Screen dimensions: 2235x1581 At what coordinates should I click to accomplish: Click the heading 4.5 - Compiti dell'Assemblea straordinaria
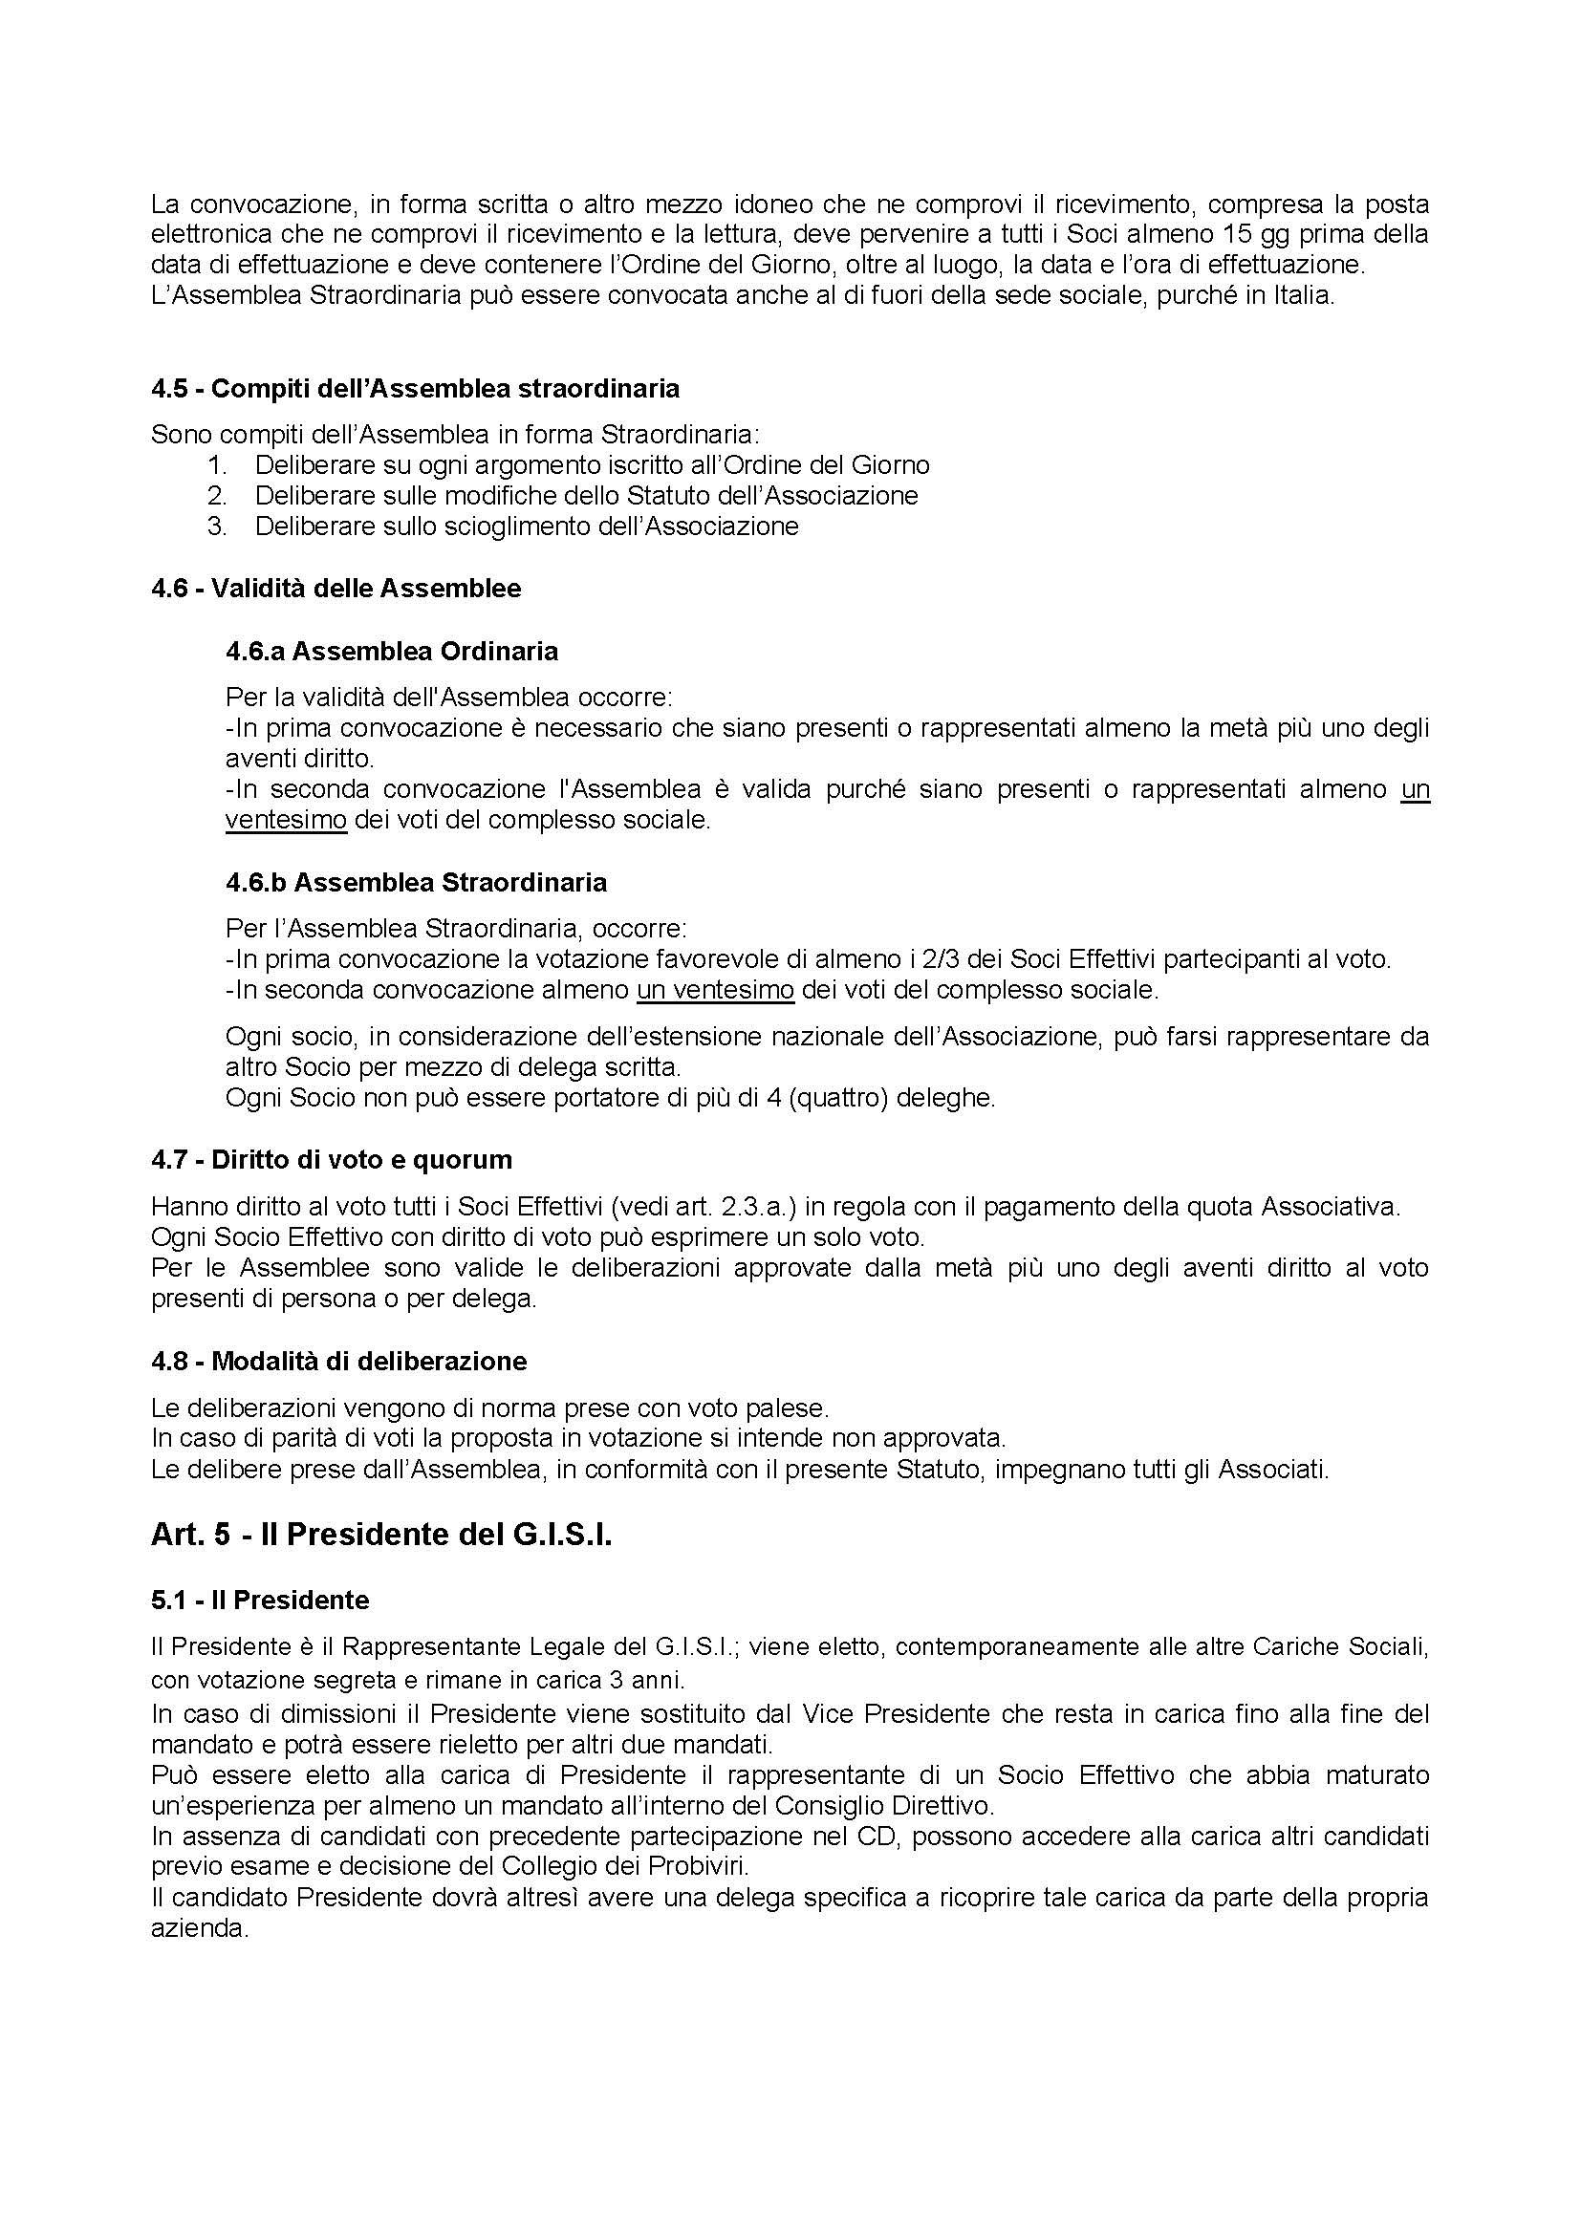coord(415,388)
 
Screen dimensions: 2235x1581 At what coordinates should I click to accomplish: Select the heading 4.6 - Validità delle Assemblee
coord(336,588)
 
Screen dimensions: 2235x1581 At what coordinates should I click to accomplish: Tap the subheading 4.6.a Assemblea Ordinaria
coord(391,651)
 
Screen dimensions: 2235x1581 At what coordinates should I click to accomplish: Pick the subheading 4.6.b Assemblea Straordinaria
coord(416,882)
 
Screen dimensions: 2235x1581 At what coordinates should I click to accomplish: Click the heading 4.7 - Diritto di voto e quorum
coord(331,1159)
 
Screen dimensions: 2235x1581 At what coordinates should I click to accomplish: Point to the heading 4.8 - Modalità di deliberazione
coord(338,1361)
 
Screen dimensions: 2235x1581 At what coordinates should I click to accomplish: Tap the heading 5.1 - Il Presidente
coord(260,1601)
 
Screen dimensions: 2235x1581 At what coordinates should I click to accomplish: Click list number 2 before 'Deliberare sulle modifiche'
coord(216,496)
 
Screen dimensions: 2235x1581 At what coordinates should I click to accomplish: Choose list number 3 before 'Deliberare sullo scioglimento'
coord(216,527)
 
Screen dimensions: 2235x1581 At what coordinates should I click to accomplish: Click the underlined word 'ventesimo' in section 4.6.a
coord(286,820)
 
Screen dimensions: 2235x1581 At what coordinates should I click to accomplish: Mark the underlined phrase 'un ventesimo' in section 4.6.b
coord(716,991)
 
